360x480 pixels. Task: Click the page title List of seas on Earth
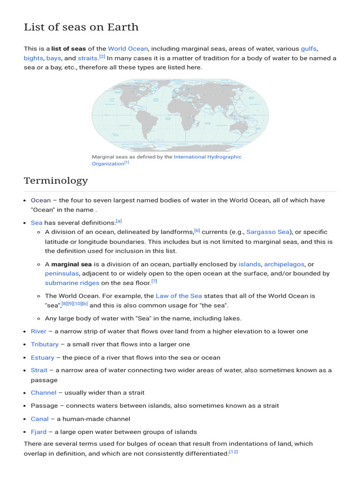point(81,27)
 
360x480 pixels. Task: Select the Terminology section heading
point(56,180)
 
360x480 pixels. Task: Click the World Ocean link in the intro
point(128,49)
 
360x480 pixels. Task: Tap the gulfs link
point(308,49)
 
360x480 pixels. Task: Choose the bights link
point(33,58)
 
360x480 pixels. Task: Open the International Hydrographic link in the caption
point(207,157)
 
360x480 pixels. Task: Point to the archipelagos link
point(284,264)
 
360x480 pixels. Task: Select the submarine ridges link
point(72,283)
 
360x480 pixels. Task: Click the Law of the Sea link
point(179,296)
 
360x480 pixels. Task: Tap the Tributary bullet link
point(45,344)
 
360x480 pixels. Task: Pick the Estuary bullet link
point(43,357)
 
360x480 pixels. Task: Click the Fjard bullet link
point(39,432)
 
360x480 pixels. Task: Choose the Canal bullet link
point(40,419)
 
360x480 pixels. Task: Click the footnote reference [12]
point(233,452)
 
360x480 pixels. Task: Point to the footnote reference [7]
point(154,281)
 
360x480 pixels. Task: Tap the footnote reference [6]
point(197,231)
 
